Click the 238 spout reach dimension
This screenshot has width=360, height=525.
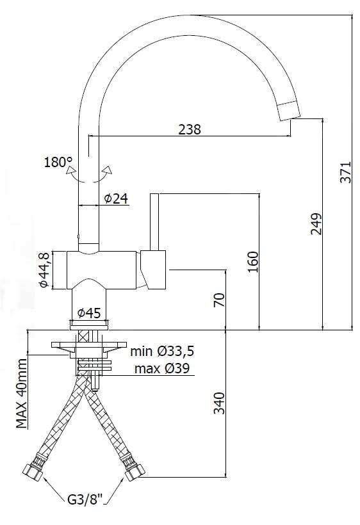pyautogui.click(x=190, y=129)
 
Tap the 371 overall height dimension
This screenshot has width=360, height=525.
pyautogui.click(x=345, y=172)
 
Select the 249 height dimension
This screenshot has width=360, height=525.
pyautogui.click(x=316, y=223)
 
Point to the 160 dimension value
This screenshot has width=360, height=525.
pyautogui.click(x=253, y=261)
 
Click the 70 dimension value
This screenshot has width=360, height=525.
pyautogui.click(x=219, y=300)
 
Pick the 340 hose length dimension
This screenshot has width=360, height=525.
pyautogui.click(x=219, y=403)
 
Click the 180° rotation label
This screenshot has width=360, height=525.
pyautogui.click(x=58, y=163)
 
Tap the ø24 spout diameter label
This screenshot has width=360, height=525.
pyautogui.click(x=116, y=198)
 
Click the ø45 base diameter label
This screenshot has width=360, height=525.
pyautogui.click(x=89, y=313)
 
